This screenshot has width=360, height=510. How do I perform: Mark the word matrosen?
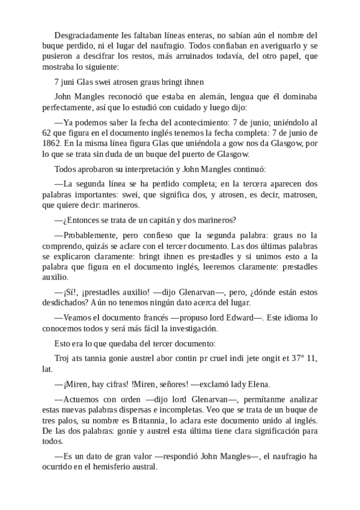click(x=296, y=195)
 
